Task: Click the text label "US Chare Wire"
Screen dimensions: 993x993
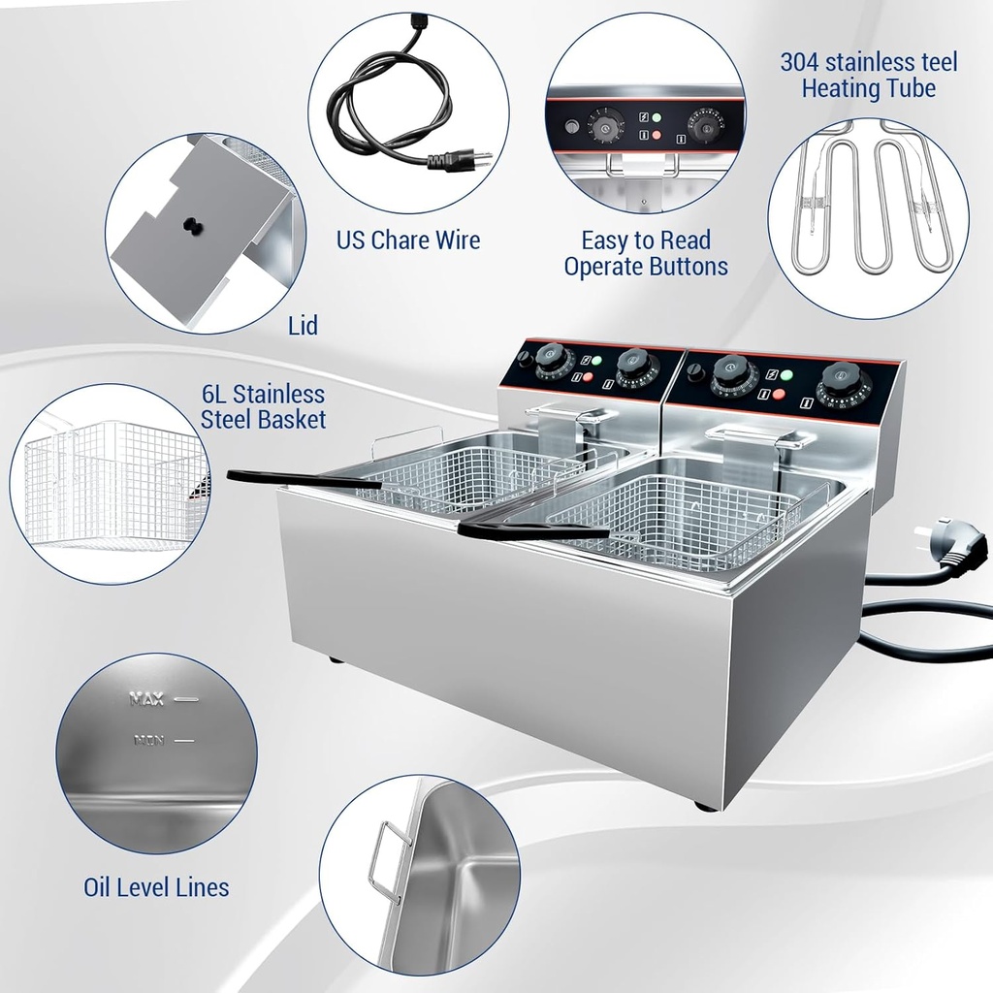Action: point(408,240)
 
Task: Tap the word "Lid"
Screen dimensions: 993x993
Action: point(304,325)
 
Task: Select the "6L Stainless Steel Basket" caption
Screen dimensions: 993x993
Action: point(263,407)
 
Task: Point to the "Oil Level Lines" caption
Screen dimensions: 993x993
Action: point(156,886)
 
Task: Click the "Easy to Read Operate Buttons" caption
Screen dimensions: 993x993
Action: point(646,253)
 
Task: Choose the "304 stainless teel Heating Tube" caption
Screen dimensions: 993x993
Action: point(868,76)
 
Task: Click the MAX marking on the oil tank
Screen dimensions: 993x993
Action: point(147,698)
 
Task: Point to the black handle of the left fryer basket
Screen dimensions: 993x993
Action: point(291,479)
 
